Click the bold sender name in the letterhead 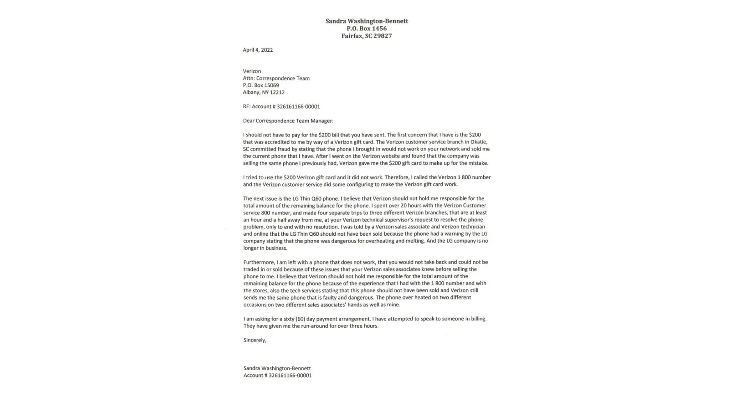click(367, 21)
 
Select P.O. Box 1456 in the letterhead click(367, 28)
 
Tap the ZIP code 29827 click(383, 36)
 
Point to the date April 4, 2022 click(257, 50)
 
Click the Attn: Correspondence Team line click(276, 78)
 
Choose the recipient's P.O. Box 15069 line click(261, 85)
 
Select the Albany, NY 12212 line click(264, 92)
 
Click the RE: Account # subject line click(281, 107)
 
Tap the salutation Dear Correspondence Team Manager click(288, 121)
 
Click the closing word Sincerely click(255, 340)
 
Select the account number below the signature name click(290, 376)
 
